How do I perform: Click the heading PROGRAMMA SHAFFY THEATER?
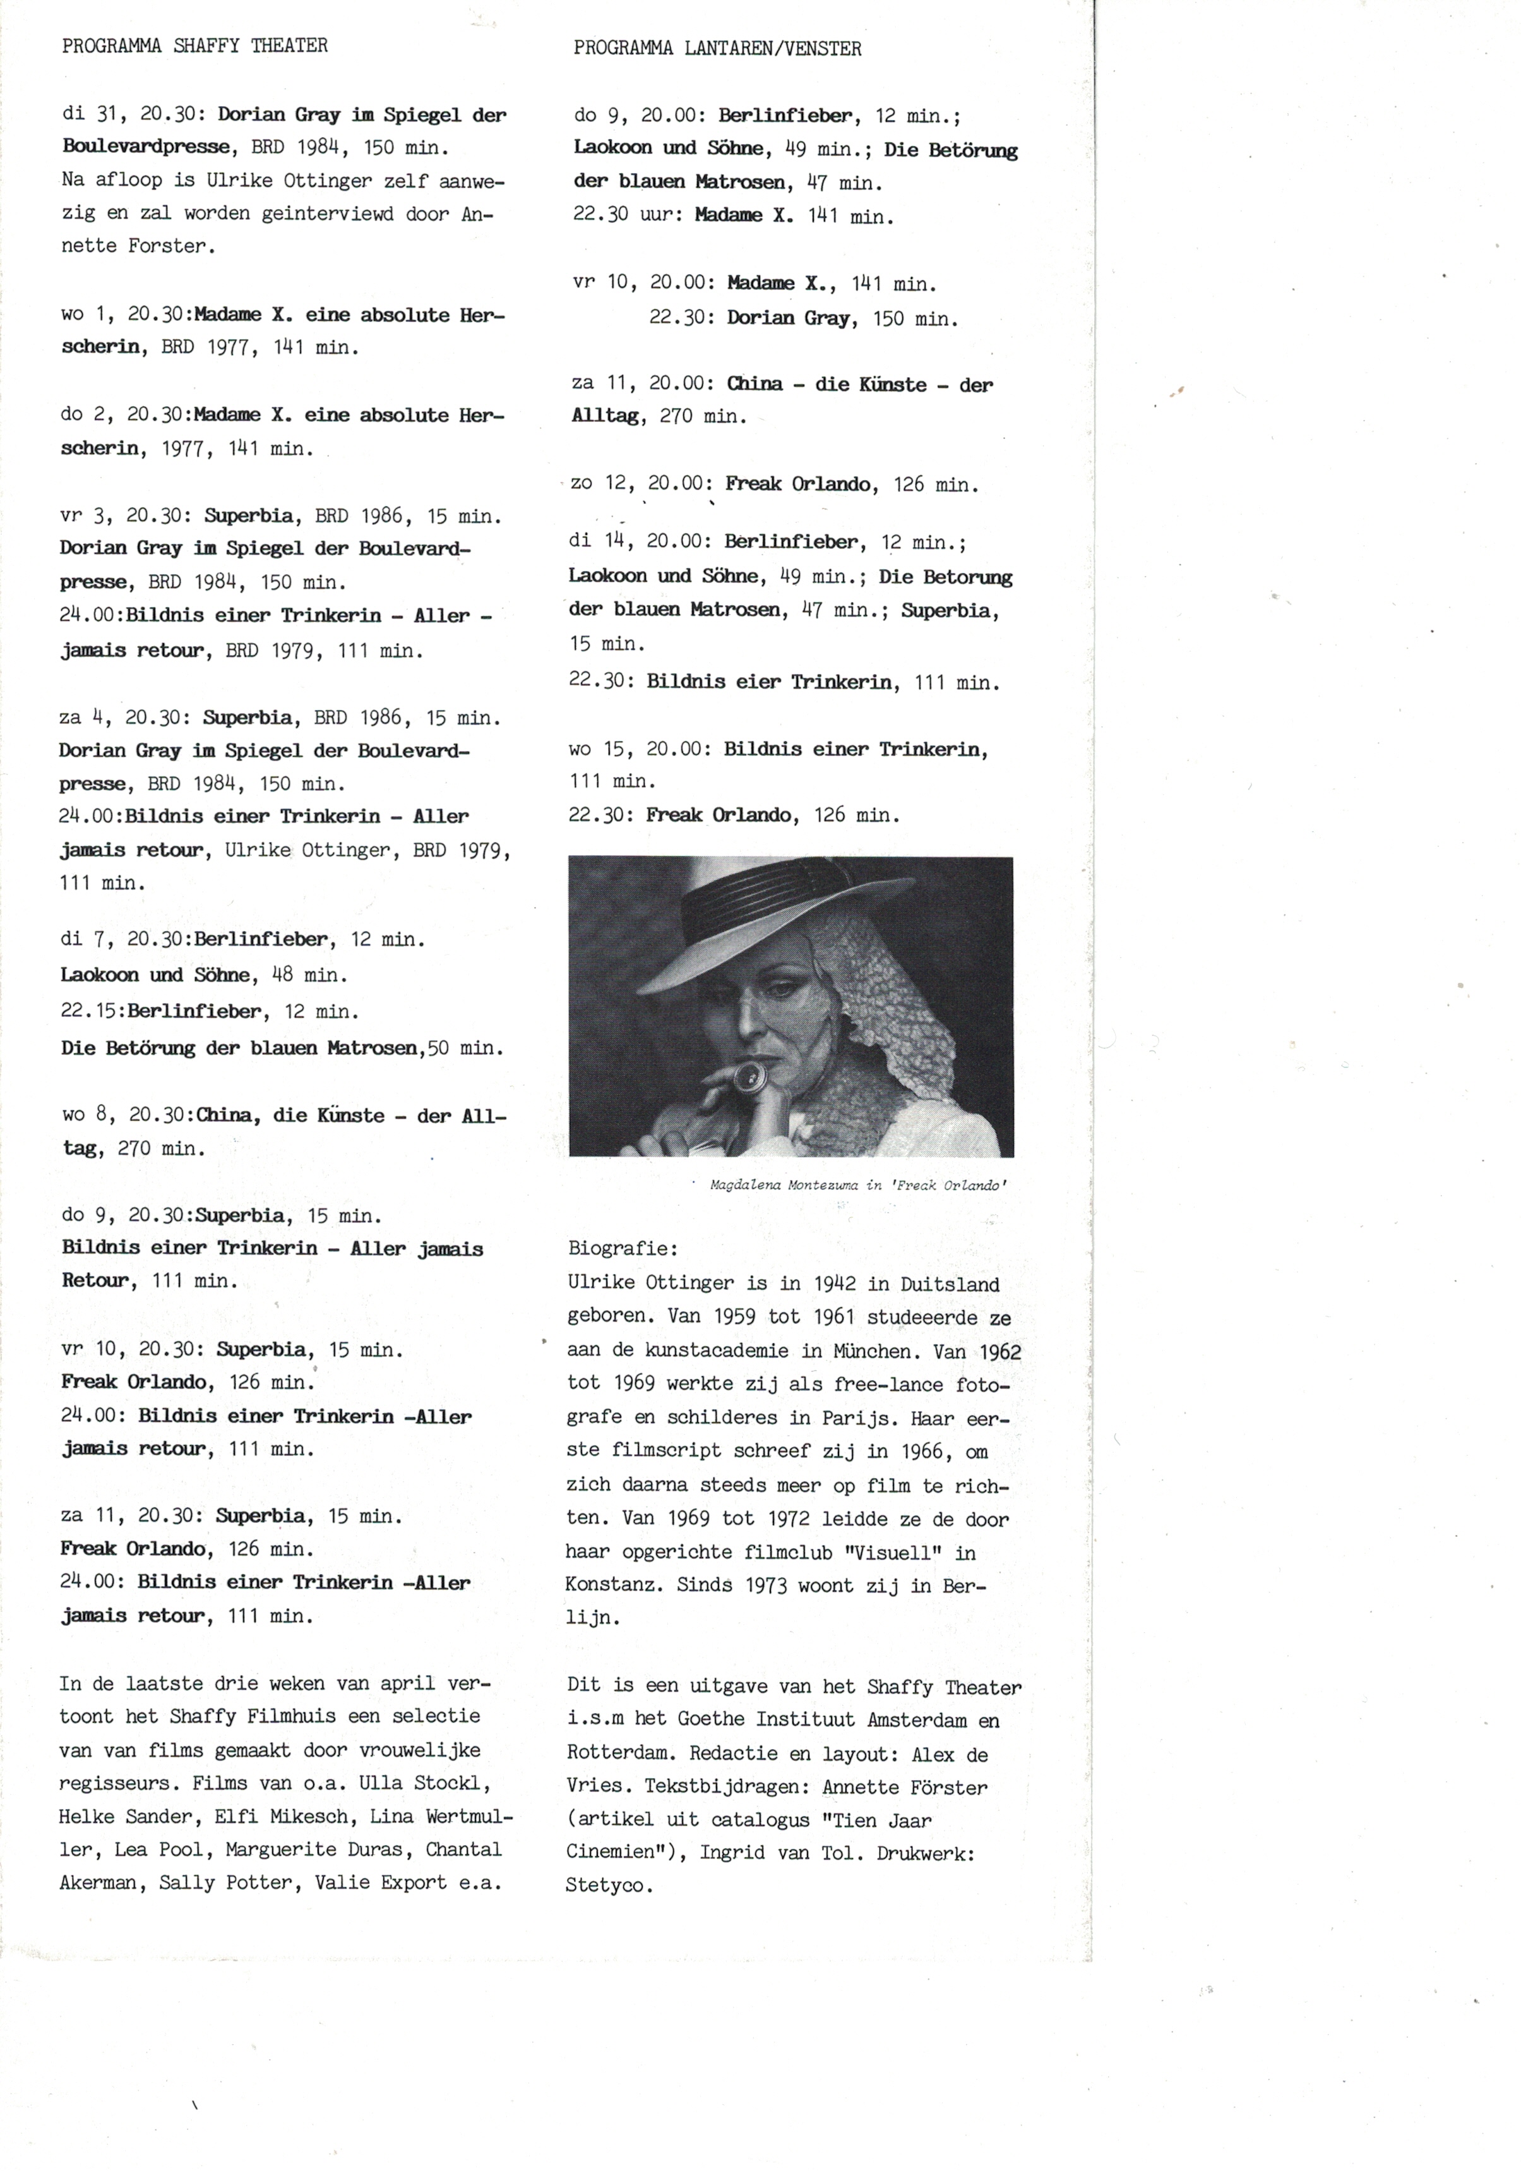(194, 45)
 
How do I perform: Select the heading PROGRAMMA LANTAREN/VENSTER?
(717, 48)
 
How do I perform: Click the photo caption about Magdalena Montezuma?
(858, 1185)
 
